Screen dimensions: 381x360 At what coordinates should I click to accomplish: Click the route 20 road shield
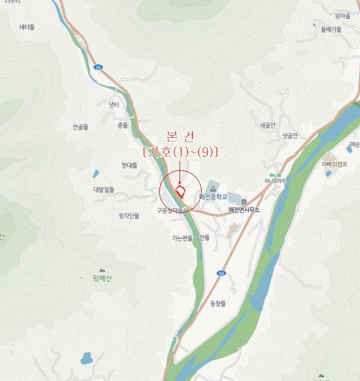click(97, 67)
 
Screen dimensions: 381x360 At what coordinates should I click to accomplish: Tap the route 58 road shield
click(221, 273)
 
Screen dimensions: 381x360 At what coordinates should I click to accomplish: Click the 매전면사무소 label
click(244, 210)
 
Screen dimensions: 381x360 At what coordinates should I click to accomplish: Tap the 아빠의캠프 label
click(334, 164)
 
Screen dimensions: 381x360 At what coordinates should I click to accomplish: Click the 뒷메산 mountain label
click(102, 279)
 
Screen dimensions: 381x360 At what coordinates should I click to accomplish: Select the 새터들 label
click(27, 27)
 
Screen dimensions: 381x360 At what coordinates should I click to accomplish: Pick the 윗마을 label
click(343, 16)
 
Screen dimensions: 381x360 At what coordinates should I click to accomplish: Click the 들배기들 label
click(331, 29)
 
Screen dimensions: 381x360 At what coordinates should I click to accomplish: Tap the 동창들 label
click(218, 303)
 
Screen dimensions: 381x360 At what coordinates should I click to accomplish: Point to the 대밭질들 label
click(104, 189)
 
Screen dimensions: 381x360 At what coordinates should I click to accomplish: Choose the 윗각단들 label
click(129, 216)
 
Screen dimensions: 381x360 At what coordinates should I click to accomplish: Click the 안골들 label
click(80, 127)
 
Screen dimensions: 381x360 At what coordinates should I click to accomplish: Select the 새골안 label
click(268, 125)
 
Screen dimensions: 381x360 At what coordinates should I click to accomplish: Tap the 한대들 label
click(130, 165)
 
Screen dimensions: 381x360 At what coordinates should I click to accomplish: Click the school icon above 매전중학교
click(213, 188)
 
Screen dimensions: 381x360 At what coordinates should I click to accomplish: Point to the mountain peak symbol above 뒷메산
click(102, 269)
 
